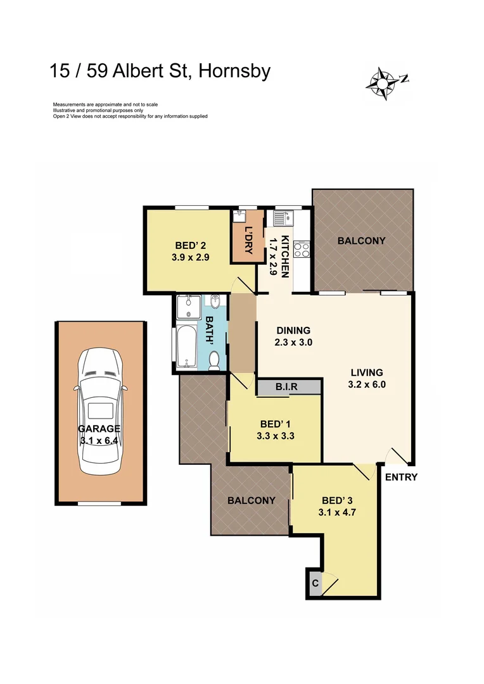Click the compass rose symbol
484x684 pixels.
pyautogui.click(x=383, y=82)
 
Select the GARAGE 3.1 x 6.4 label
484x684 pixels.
pyautogui.click(x=100, y=434)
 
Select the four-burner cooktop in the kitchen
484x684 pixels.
pyautogui.click(x=302, y=249)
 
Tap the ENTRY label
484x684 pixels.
pyautogui.click(x=401, y=478)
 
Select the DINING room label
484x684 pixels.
pyautogui.click(x=293, y=330)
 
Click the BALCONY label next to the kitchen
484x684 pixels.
pyautogui.click(x=361, y=241)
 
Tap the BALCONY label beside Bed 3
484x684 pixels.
pyautogui.click(x=252, y=500)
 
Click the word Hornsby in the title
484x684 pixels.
pyautogui.click(x=234, y=70)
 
